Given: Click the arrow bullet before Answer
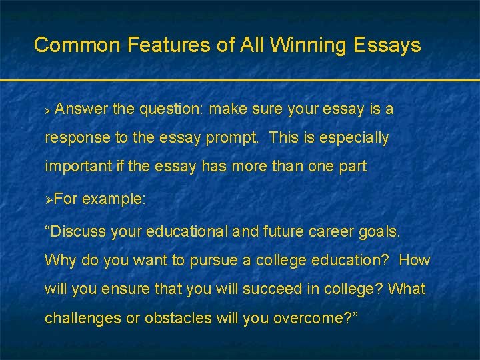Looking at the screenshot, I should coord(48,109).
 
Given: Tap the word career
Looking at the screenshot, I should coord(331,231).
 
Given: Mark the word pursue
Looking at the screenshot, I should coord(205,260).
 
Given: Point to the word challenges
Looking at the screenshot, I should coord(83,319).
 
